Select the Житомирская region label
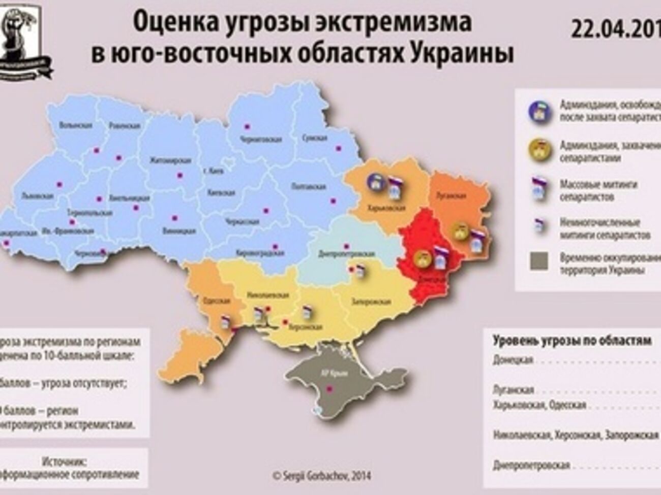pos(170,161)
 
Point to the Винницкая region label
pos(181,230)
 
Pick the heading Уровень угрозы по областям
pos(572,341)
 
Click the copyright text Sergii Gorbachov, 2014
pos(322,476)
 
